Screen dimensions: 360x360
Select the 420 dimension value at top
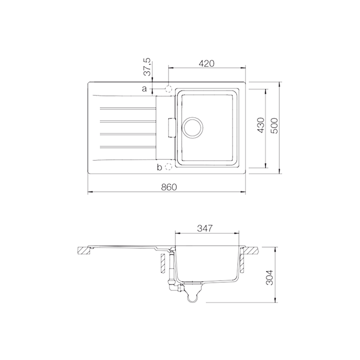click(206, 63)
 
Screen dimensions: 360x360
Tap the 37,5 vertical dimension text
click(147, 67)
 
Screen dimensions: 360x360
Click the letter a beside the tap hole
click(144, 89)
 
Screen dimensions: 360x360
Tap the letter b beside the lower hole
click(159, 167)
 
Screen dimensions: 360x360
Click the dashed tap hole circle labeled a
click(168, 88)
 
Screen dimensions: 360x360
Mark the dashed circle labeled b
click(168, 166)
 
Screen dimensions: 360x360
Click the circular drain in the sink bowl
click(192, 127)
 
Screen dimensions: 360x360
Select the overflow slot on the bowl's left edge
click(171, 127)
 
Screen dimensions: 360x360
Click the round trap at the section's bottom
click(192, 298)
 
